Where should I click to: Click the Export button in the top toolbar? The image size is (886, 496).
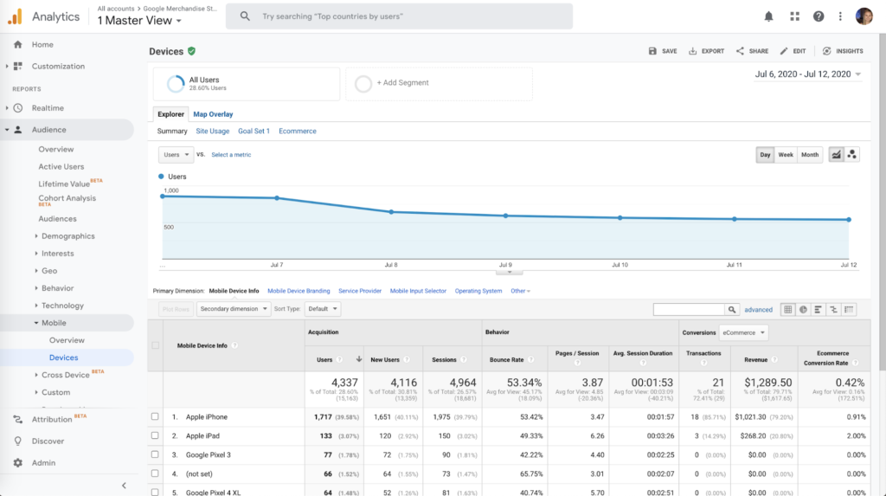pyautogui.click(x=706, y=51)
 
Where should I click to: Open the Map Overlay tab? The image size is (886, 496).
pyautogui.click(x=213, y=114)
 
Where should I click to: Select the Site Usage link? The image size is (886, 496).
pyautogui.click(x=212, y=132)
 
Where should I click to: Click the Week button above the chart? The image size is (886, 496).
pyautogui.click(x=786, y=155)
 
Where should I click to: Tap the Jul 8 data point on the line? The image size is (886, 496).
pyautogui.click(x=391, y=212)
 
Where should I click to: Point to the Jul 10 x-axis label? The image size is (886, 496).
pyautogui.click(x=620, y=264)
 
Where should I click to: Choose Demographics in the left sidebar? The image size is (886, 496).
pyautogui.click(x=68, y=236)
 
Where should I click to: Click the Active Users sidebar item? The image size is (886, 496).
pyautogui.click(x=61, y=167)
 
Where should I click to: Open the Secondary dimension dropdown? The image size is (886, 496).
pyautogui.click(x=233, y=309)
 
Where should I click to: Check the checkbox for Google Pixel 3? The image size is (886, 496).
pyautogui.click(x=155, y=454)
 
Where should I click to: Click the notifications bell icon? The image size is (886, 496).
pyautogui.click(x=769, y=16)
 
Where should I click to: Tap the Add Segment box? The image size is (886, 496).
pyautogui.click(x=438, y=83)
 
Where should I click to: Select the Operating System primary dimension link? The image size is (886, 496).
pyautogui.click(x=478, y=291)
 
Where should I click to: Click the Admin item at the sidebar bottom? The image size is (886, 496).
pyautogui.click(x=43, y=463)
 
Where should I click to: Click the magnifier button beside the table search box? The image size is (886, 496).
pyautogui.click(x=733, y=309)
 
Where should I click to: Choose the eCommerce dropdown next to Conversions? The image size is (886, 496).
pyautogui.click(x=743, y=332)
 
